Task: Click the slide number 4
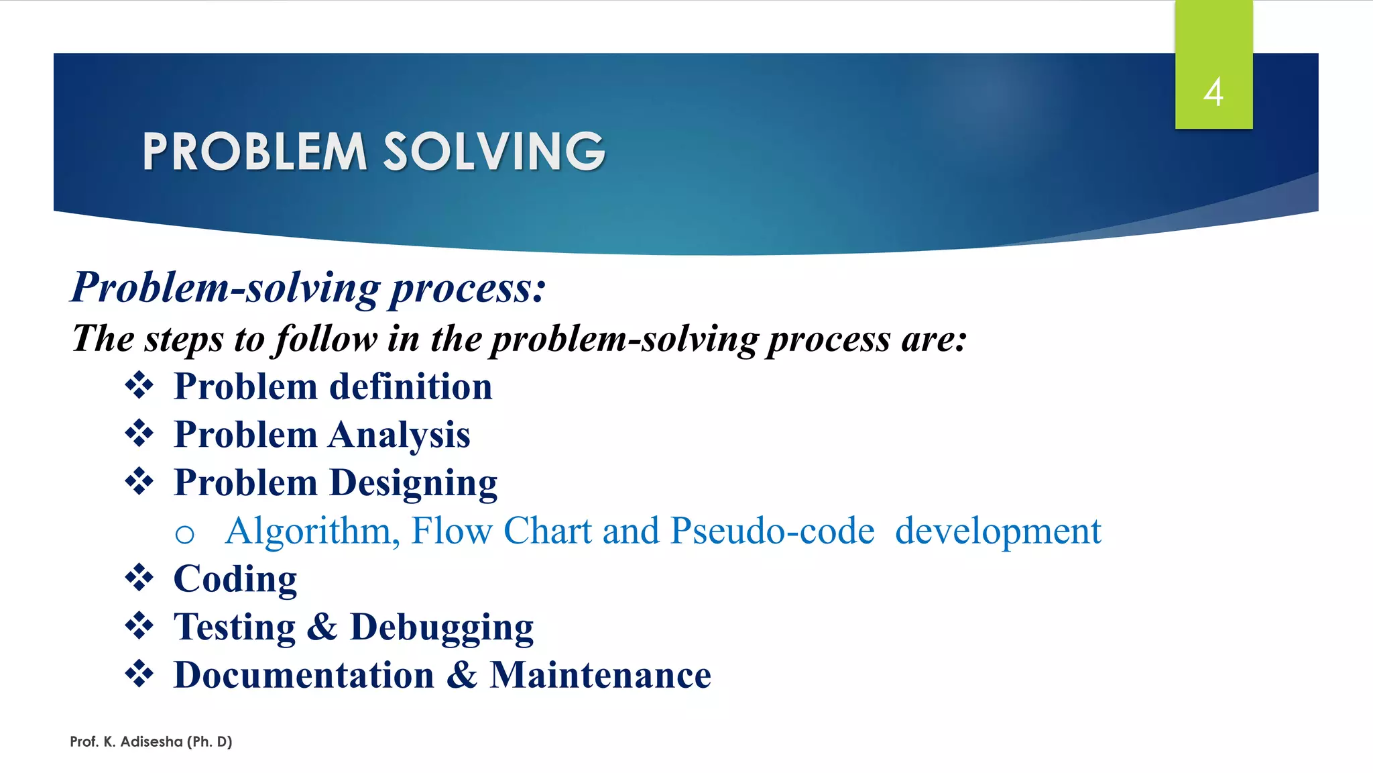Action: point(1213,92)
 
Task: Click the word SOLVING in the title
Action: point(494,151)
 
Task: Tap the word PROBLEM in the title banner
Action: point(255,151)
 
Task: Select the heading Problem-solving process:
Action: point(308,287)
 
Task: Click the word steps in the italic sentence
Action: point(184,338)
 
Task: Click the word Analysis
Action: point(400,435)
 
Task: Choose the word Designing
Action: point(414,483)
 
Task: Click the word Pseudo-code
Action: point(772,531)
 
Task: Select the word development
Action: point(998,531)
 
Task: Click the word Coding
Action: point(235,579)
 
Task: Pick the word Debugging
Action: point(442,627)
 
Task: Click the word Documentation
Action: point(304,675)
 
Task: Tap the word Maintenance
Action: point(600,675)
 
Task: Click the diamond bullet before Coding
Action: point(139,578)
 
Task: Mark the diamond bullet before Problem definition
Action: point(139,385)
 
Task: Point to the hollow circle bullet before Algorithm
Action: point(184,534)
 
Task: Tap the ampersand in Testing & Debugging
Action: point(322,627)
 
